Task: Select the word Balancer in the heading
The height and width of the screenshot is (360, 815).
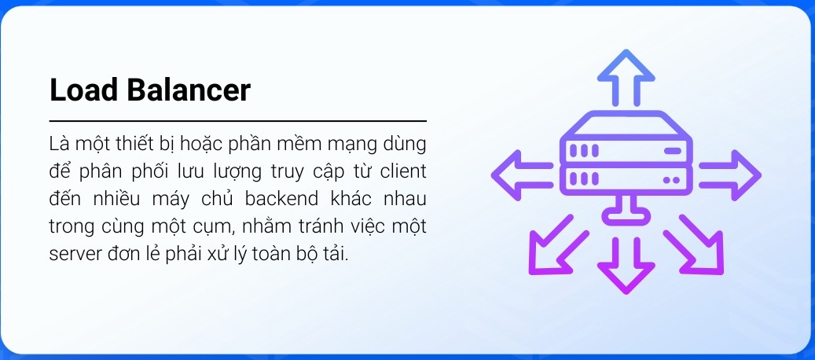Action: click(x=189, y=90)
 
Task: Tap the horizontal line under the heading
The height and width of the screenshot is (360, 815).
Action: click(x=238, y=121)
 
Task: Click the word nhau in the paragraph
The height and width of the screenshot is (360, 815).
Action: click(x=405, y=199)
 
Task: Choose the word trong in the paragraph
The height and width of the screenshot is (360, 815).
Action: click(x=72, y=227)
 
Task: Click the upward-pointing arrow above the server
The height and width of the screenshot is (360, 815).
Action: click(x=626, y=78)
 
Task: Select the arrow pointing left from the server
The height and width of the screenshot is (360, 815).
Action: click(x=522, y=175)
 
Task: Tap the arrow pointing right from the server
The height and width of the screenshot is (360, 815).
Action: click(x=730, y=175)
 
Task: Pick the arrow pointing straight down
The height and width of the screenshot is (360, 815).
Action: click(x=626, y=266)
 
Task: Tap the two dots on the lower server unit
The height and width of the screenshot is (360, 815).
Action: click(x=672, y=180)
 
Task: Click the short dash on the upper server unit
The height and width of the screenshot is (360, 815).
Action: click(x=673, y=151)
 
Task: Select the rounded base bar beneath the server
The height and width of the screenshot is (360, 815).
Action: click(x=626, y=215)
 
